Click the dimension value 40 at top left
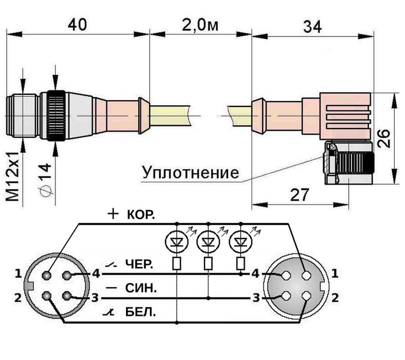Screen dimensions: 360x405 pyautogui.click(x=77, y=24)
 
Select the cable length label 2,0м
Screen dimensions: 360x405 pyautogui.click(x=199, y=24)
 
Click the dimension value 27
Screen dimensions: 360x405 pyautogui.click(x=300, y=194)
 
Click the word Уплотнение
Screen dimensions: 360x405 pyautogui.click(x=190, y=173)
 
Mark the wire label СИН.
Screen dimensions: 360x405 pyautogui.click(x=140, y=289)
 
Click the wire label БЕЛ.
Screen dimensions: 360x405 pyautogui.click(x=140, y=313)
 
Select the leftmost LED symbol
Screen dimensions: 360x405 pyautogui.click(x=177, y=242)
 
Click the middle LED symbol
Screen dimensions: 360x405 pyautogui.click(x=209, y=242)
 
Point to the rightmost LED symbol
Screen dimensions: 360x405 pyautogui.click(x=240, y=242)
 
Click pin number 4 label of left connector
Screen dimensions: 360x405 pyautogui.click(x=96, y=274)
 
